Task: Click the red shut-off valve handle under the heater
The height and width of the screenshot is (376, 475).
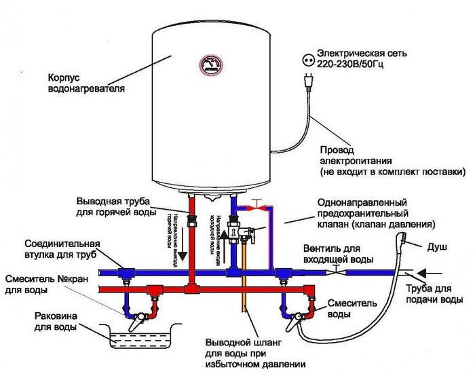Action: pos(255,202)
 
